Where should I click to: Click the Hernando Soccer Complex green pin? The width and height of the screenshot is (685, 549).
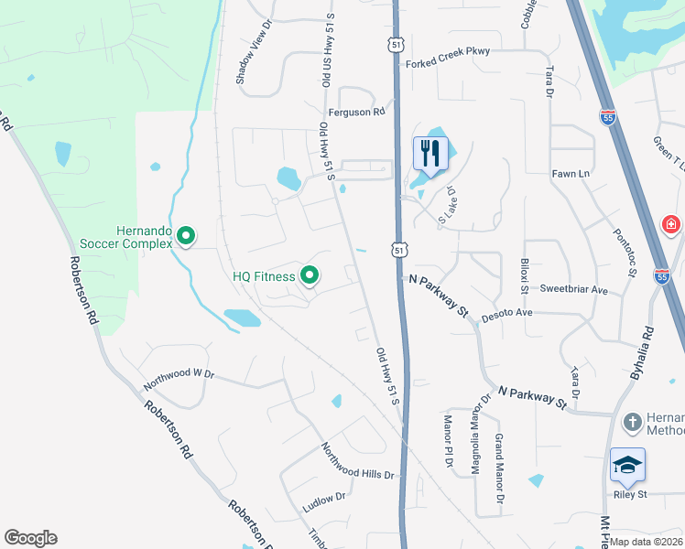(186, 237)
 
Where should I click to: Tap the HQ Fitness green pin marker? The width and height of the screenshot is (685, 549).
(310, 274)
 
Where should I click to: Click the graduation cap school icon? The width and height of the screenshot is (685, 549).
(628, 465)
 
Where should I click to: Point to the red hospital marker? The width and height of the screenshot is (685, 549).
(671, 224)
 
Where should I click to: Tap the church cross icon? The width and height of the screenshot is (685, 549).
(632, 423)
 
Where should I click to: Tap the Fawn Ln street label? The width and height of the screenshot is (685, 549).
(569, 173)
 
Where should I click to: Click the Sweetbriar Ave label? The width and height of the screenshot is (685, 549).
(574, 289)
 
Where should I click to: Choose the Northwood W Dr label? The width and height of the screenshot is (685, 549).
(178, 374)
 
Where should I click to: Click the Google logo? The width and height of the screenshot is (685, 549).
(30, 538)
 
